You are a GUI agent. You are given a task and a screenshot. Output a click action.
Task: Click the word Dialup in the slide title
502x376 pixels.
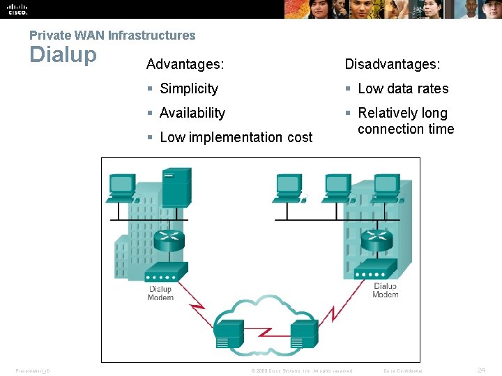click(x=63, y=54)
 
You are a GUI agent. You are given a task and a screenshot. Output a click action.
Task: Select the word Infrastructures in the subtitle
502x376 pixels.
click(x=151, y=35)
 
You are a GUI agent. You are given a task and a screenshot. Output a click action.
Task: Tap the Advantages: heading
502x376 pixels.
click(x=185, y=64)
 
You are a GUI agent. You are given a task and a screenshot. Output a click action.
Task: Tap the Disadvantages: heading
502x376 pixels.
click(x=393, y=64)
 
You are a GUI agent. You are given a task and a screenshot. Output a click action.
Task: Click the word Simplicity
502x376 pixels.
click(x=189, y=88)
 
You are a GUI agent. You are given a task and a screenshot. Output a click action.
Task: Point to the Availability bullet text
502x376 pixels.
click(x=192, y=113)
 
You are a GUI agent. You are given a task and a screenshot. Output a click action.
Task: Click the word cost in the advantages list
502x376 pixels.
click(x=300, y=137)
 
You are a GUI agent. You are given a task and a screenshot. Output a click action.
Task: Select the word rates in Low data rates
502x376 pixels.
click(x=433, y=88)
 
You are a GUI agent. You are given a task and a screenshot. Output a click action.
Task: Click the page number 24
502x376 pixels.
click(x=481, y=370)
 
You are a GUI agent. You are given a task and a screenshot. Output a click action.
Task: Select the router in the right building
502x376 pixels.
click(x=376, y=241)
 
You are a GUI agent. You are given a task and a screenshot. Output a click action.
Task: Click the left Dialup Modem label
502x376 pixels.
click(x=160, y=293)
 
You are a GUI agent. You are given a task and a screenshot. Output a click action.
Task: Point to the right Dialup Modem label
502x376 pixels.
click(x=386, y=290)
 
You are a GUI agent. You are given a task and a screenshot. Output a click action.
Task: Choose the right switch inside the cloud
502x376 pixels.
click(x=303, y=334)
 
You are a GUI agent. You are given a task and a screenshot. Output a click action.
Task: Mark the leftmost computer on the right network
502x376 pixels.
click(x=289, y=187)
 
